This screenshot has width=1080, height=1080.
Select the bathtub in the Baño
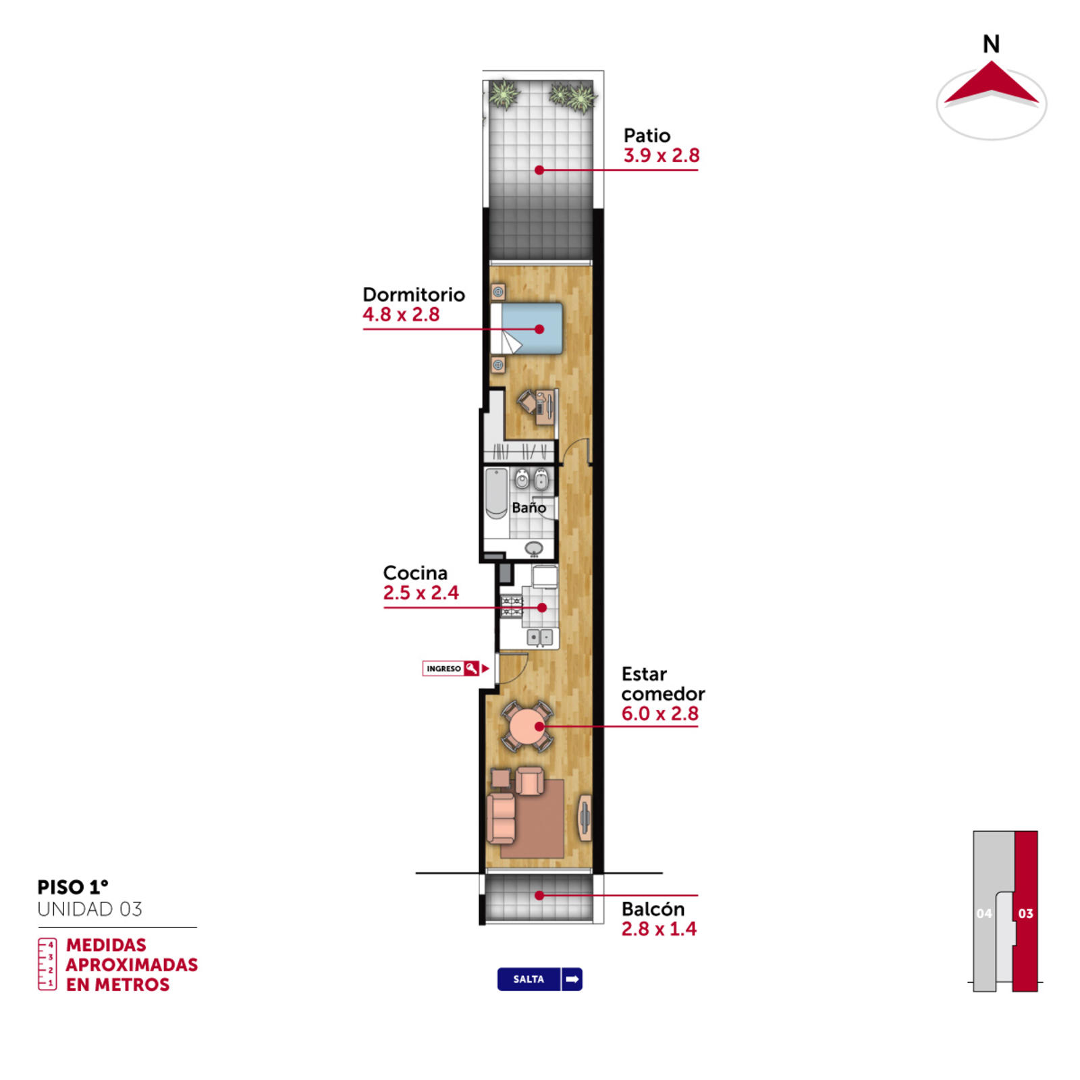496,493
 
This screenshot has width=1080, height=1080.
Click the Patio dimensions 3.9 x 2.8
661,156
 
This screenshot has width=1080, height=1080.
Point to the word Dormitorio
414,294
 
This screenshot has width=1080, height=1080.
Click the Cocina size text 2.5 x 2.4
421,593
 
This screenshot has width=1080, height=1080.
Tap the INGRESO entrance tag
450,668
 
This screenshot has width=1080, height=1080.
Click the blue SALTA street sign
540,979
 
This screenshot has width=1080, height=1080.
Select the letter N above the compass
991,45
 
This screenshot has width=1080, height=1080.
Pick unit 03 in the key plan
1025,912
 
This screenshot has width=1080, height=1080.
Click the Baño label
529,507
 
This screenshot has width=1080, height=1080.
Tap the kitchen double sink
540,637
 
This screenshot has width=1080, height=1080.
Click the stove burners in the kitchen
512,606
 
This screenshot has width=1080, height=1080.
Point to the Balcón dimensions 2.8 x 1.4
659,929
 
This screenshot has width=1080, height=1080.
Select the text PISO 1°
73,887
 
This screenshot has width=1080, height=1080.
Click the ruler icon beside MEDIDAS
47,964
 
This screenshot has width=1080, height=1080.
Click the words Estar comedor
663,684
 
